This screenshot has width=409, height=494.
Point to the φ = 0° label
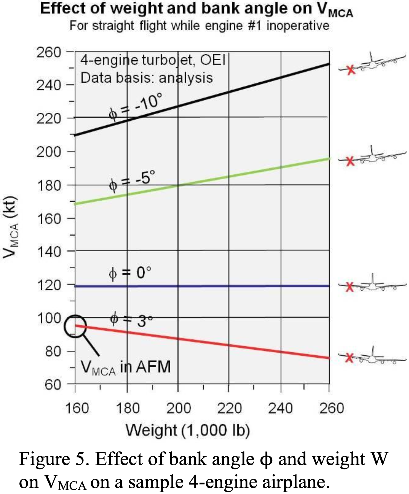(130, 273)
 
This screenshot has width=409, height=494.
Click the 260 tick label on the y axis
(49, 52)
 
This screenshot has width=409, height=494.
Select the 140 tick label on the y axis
(49, 252)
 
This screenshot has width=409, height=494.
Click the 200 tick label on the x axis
(179, 408)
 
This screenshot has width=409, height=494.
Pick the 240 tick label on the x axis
(280, 408)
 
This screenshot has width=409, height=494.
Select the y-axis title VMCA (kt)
(11, 227)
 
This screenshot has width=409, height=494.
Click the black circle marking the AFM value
(75, 326)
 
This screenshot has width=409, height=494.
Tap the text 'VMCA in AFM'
(126, 367)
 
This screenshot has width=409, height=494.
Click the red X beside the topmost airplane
(351, 70)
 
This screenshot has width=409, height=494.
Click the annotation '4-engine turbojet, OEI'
(153, 60)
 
